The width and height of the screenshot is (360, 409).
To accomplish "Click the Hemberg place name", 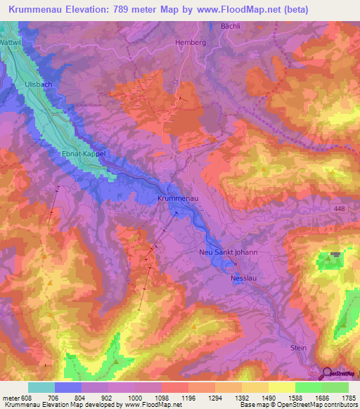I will pyautogui.click(x=190, y=43).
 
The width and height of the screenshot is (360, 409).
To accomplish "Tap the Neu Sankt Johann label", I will pyautogui.click(x=229, y=252).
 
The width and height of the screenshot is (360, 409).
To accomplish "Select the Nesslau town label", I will pyautogui.click(x=245, y=278).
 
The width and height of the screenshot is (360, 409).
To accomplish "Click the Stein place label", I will pyautogui.click(x=300, y=347).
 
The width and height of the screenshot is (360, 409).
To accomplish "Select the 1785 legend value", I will pyautogui.click(x=347, y=397).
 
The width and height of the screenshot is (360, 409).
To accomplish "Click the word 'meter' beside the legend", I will pyautogui.click(x=11, y=397).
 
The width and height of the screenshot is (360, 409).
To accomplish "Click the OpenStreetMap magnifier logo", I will pyautogui.click(x=328, y=374).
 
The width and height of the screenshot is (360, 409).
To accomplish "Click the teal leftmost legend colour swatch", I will pyautogui.click(x=41, y=387).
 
